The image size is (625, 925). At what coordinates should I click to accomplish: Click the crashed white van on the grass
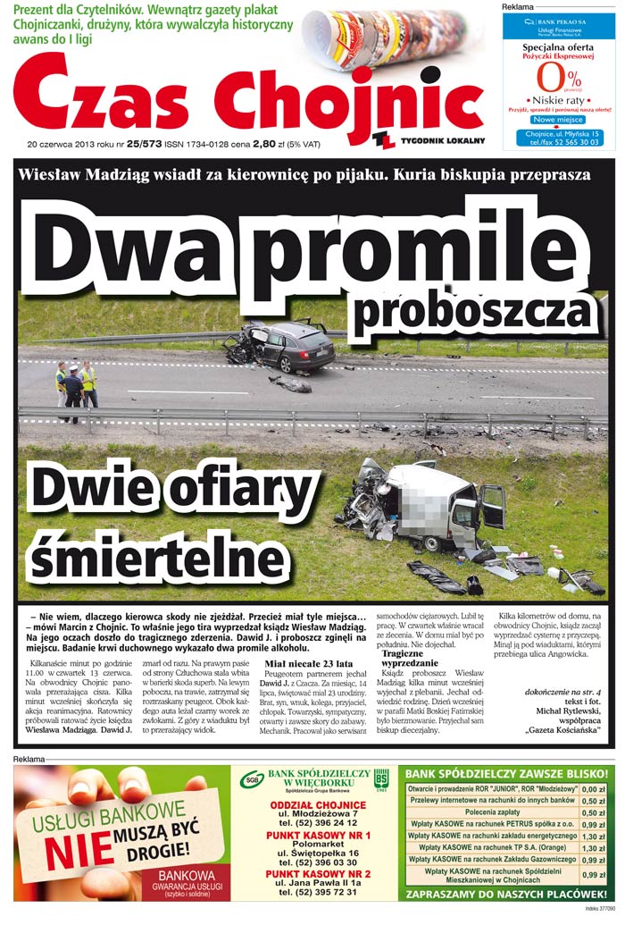click(429, 505)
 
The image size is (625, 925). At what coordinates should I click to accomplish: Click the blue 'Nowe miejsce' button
click(558, 119)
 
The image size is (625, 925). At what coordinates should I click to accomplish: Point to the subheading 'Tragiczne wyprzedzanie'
click(410, 659)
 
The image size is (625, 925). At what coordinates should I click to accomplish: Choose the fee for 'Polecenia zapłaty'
click(593, 812)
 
